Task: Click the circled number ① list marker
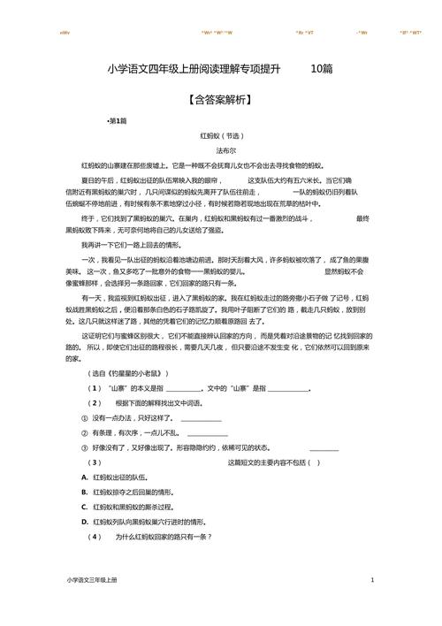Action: pos(85,417)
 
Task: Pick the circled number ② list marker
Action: pos(85,432)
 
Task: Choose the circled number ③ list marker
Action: pos(85,447)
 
